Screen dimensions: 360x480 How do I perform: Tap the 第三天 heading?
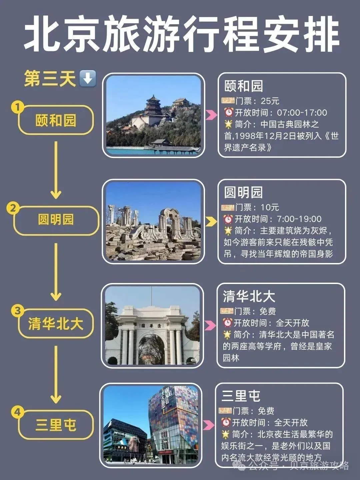[x=50, y=79]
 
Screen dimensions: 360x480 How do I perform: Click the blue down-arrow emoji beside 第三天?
[x=88, y=79]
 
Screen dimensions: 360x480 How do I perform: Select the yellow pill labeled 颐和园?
[x=56, y=120]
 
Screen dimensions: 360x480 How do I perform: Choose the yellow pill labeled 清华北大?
[x=55, y=324]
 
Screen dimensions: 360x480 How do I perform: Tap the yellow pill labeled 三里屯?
[x=56, y=425]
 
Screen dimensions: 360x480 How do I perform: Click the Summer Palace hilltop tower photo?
[x=153, y=115]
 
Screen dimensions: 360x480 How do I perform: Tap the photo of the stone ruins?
[x=153, y=222]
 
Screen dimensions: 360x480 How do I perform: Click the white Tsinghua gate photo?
[x=152, y=326]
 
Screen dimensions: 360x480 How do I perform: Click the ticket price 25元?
[x=270, y=101]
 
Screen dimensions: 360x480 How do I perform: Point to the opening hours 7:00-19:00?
[x=299, y=219]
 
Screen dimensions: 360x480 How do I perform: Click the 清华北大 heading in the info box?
[x=249, y=296]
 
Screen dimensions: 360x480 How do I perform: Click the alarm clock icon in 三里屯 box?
[x=226, y=423]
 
